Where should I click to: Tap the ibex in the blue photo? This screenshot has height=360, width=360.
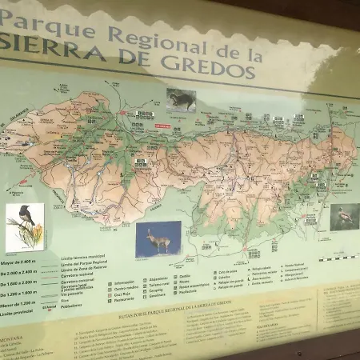pos(158,238)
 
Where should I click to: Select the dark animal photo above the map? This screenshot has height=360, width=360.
pos(182,99)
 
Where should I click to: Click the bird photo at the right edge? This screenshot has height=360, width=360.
pos(344,216)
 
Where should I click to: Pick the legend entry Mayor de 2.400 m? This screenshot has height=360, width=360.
pos(18,261)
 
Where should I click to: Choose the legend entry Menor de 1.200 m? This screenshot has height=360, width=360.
pos(18,304)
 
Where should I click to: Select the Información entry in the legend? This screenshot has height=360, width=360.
pos(124,282)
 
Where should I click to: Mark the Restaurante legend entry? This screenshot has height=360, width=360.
pos(125,300)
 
